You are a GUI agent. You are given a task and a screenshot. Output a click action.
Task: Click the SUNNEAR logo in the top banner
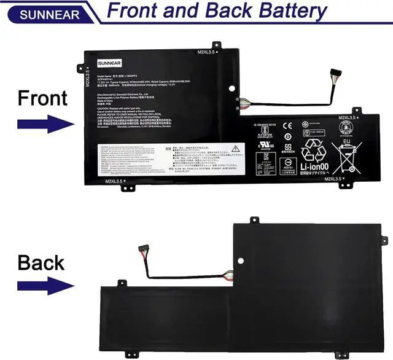[x=41, y=14]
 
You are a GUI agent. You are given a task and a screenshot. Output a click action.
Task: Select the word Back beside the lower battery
[x=41, y=262]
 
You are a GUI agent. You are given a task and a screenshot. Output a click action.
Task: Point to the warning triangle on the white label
[x=236, y=148]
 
